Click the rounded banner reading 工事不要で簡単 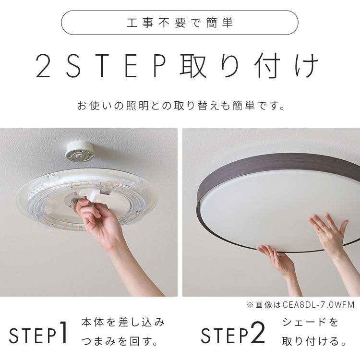[180, 22]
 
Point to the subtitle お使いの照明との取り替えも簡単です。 [180, 106]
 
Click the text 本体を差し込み [123, 322]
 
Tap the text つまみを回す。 [120, 342]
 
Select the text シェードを [310, 322]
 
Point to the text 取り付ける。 [314, 342]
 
